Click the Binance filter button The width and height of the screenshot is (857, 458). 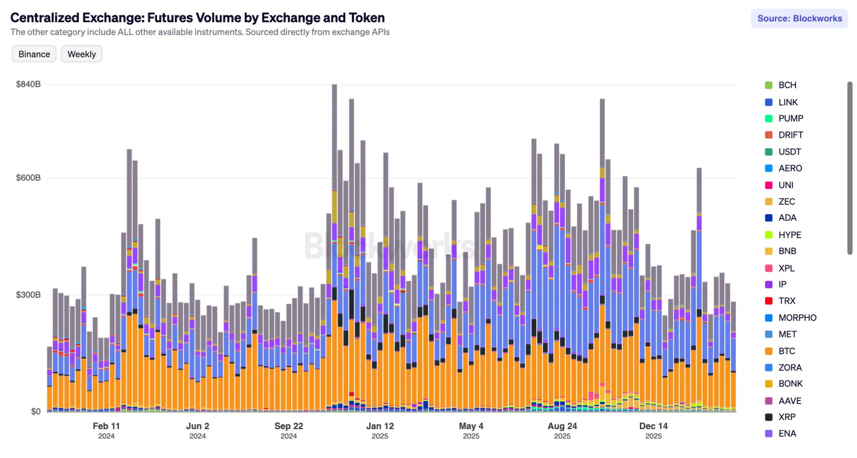tap(34, 54)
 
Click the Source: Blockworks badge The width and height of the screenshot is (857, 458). tap(799, 18)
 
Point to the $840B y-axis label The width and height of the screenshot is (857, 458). tap(28, 84)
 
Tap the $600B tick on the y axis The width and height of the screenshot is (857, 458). tap(28, 178)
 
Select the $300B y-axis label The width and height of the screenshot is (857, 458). tap(28, 295)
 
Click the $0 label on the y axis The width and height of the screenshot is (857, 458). tap(36, 412)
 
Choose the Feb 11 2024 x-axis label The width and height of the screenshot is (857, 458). tap(106, 430)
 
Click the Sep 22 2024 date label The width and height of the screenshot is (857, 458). tap(289, 430)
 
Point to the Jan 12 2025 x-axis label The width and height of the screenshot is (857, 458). tap(380, 430)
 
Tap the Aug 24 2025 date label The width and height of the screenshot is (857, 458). tap(562, 430)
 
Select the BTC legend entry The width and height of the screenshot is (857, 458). tap(786, 351)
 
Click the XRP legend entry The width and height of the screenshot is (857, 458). tap(787, 417)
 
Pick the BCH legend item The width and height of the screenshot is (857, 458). tap(787, 85)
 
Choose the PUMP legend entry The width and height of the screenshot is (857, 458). tap(790, 118)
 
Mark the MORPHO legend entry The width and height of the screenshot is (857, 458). tap(797, 317)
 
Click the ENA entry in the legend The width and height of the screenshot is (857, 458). tap(787, 433)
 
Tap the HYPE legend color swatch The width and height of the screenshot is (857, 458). tap(769, 235)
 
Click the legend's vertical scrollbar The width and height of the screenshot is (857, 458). tap(849, 167)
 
